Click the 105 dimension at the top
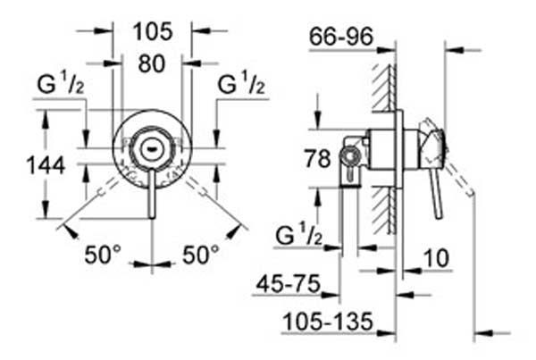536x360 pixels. pyautogui.click(x=153, y=32)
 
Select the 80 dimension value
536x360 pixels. pyautogui.click(x=152, y=63)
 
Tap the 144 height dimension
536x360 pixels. pyautogui.click(x=46, y=165)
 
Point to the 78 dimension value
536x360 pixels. pyautogui.click(x=317, y=159)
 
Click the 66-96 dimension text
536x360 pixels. pyautogui.click(x=341, y=37)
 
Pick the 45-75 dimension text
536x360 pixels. pyautogui.click(x=289, y=283)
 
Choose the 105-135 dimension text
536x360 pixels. pyautogui.click(x=328, y=322)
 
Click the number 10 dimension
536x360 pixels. pyautogui.click(x=437, y=258)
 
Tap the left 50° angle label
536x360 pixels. pyautogui.click(x=103, y=255)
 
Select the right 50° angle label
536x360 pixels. pyautogui.click(x=201, y=255)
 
